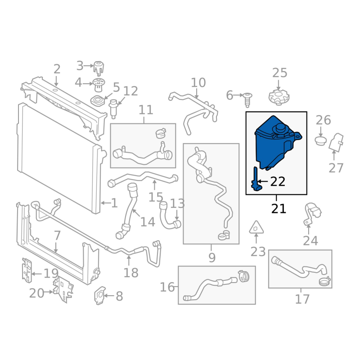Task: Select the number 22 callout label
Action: pyautogui.click(x=278, y=182)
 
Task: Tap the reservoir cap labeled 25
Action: pyautogui.click(x=279, y=97)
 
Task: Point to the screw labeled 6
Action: pyautogui.click(x=247, y=99)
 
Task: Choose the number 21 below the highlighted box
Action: pyautogui.click(x=279, y=209)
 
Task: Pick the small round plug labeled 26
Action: pyautogui.click(x=321, y=141)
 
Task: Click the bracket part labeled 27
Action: pyautogui.click(x=336, y=142)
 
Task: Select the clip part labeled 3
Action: pyautogui.click(x=99, y=68)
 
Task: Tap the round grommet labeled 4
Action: pyautogui.click(x=99, y=85)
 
